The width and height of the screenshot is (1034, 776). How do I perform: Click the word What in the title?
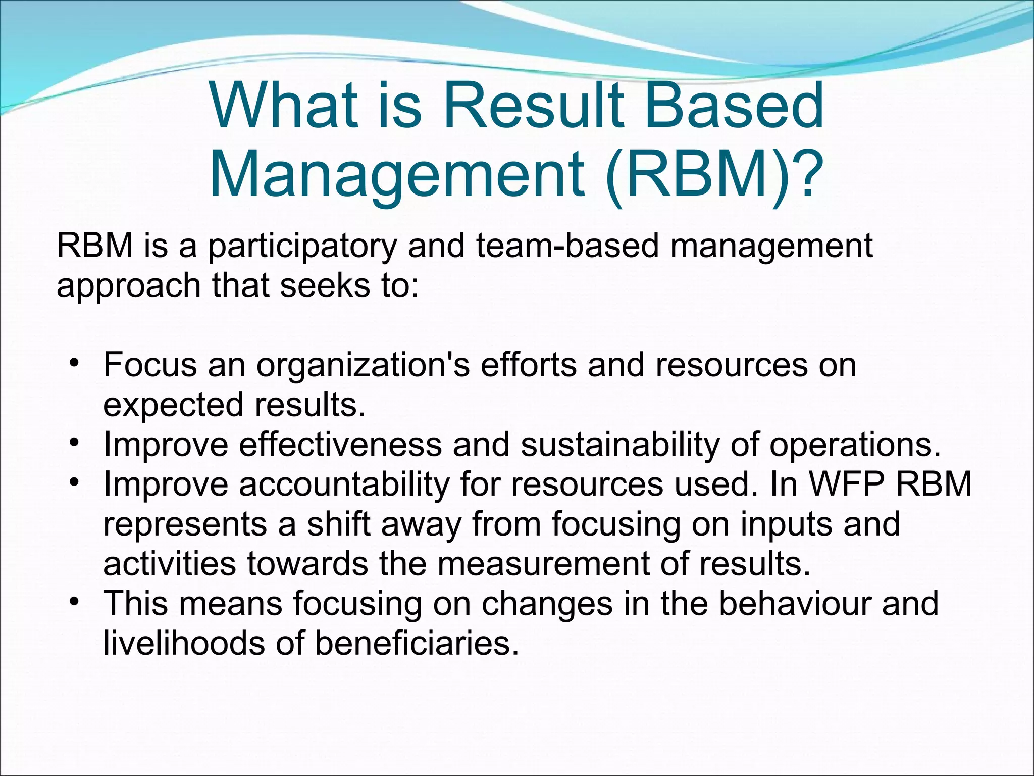283,107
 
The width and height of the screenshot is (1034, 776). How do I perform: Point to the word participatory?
302,247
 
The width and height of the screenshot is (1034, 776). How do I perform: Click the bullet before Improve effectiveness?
74,443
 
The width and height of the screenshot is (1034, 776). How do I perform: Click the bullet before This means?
74,602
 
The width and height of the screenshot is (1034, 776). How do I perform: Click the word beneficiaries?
417,643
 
